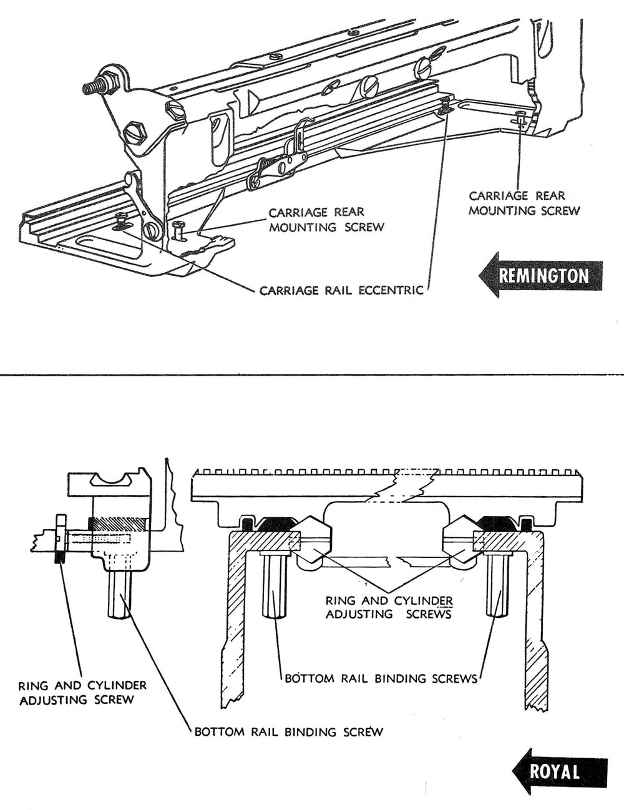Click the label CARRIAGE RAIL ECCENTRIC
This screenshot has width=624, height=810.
341,290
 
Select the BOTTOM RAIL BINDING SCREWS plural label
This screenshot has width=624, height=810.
381,678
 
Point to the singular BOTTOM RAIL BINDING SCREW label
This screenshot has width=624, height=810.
288,731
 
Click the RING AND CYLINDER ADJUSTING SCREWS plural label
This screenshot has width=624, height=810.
389,607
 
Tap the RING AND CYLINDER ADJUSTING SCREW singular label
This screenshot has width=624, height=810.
82,692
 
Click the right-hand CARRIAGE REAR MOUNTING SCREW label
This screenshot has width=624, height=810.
524,203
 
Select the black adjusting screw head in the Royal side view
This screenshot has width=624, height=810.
61,538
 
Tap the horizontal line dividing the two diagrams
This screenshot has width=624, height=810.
312,375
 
